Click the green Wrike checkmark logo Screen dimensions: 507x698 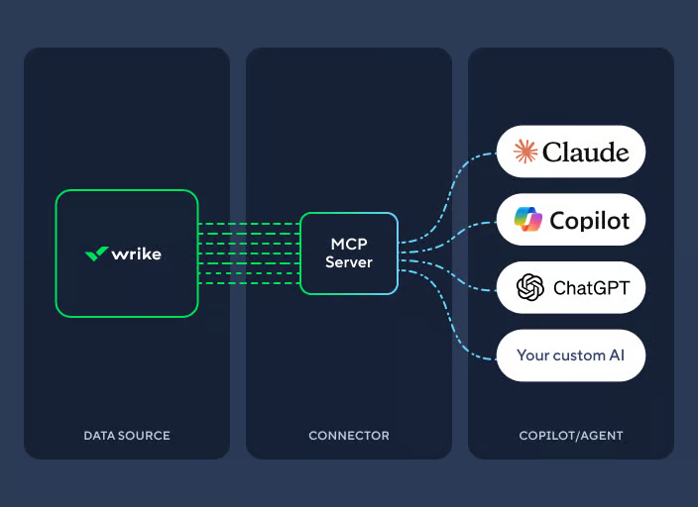click(x=96, y=253)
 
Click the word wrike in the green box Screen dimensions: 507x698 click(x=137, y=253)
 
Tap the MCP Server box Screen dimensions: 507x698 click(x=349, y=253)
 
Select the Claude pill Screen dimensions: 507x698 click(x=571, y=152)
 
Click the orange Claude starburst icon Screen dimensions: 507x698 click(x=525, y=152)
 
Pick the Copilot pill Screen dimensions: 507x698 click(x=571, y=220)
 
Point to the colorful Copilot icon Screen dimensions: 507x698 click(x=528, y=220)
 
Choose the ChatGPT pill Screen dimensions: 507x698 click(x=571, y=288)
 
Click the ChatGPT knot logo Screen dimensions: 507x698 click(x=530, y=288)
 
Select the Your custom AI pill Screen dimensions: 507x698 click(x=571, y=355)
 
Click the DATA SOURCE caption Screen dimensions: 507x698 click(x=127, y=436)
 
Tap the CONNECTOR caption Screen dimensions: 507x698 click(x=349, y=436)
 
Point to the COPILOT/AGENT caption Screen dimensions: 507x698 click(x=571, y=436)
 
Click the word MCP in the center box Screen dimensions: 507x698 click(x=349, y=244)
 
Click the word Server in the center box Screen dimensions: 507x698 click(x=349, y=262)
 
